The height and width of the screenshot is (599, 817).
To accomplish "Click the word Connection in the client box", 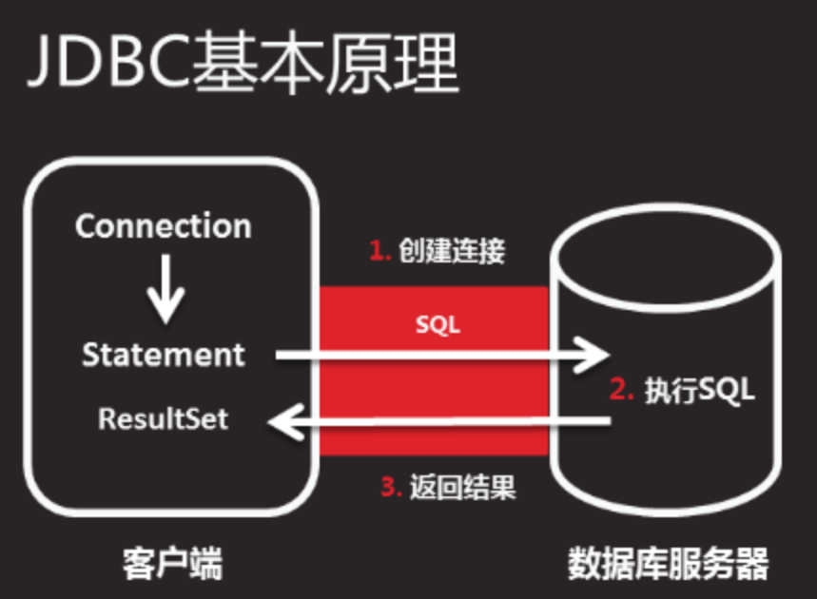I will [163, 226].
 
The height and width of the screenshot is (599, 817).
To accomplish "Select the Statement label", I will [163, 355].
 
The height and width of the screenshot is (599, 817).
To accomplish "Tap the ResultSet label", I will [163, 418].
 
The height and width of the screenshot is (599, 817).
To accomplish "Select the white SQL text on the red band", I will [438, 324].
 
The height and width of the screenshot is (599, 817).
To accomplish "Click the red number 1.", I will [378, 252].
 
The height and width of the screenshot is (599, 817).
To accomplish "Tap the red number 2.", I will [620, 390].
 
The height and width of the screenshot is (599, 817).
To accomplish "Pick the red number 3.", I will [388, 488].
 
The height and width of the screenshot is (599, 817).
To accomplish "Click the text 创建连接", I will [452, 252].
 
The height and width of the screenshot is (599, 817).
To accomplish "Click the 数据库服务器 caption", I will [668, 563].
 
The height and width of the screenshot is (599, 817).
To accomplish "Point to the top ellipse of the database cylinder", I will [669, 254].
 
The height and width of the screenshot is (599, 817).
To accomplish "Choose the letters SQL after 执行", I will [727, 390].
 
